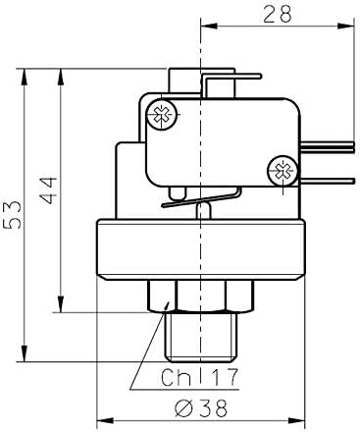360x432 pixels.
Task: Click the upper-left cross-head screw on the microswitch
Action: tap(162, 114)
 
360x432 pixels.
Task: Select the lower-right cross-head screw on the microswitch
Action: tap(284, 171)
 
